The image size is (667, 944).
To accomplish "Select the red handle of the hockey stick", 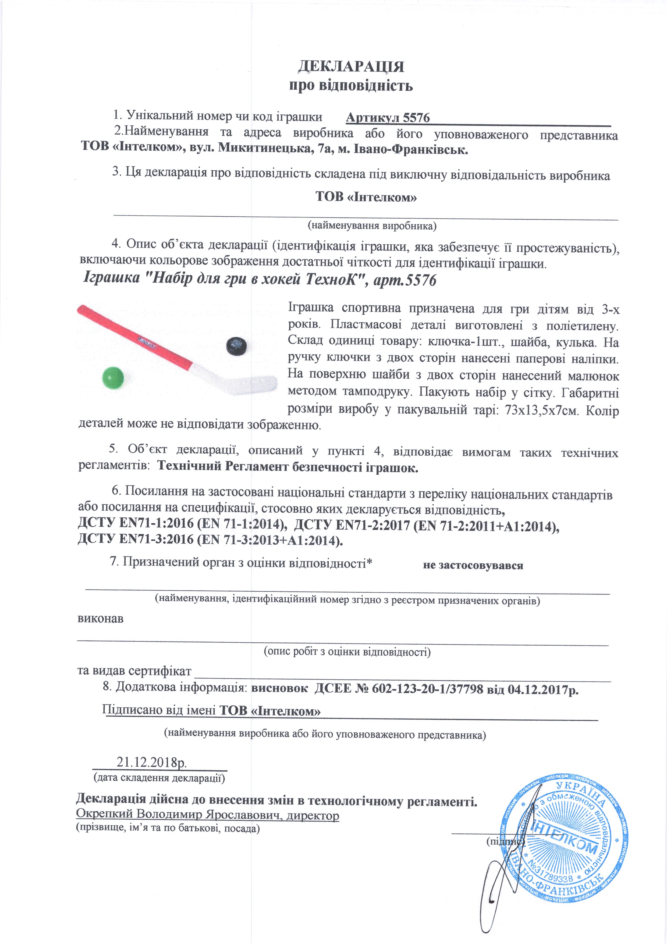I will click(x=136, y=333).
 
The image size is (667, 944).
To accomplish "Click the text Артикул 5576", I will click(x=388, y=118).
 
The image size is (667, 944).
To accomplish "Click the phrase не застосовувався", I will click(x=473, y=565).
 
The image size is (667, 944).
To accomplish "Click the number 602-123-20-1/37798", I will click(x=427, y=689).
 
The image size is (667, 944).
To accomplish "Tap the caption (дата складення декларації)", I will click(x=159, y=777).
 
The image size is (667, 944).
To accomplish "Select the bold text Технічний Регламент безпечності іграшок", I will click(x=288, y=467).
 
